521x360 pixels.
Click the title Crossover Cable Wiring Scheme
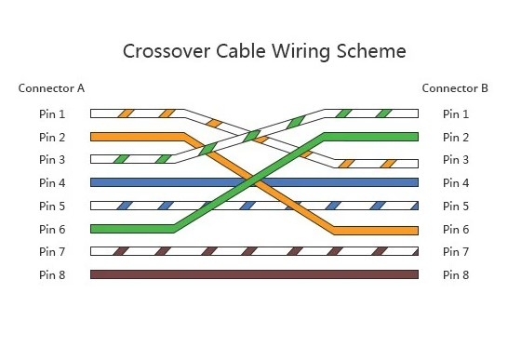[264, 50]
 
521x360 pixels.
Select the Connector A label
[51, 88]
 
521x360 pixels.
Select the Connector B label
[455, 88]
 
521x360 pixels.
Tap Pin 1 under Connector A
[52, 114]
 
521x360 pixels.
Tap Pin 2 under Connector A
[52, 137]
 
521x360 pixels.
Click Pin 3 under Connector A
[52, 160]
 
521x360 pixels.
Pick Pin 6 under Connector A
[52, 229]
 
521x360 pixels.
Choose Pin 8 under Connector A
[52, 274]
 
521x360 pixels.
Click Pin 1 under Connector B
[456, 114]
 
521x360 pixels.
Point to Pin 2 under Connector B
[456, 137]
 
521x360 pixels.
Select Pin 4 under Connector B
[456, 183]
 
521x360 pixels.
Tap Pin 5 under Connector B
[456, 206]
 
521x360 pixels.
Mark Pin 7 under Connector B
[456, 251]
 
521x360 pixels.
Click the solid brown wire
[254, 274]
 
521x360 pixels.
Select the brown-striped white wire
[254, 251]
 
